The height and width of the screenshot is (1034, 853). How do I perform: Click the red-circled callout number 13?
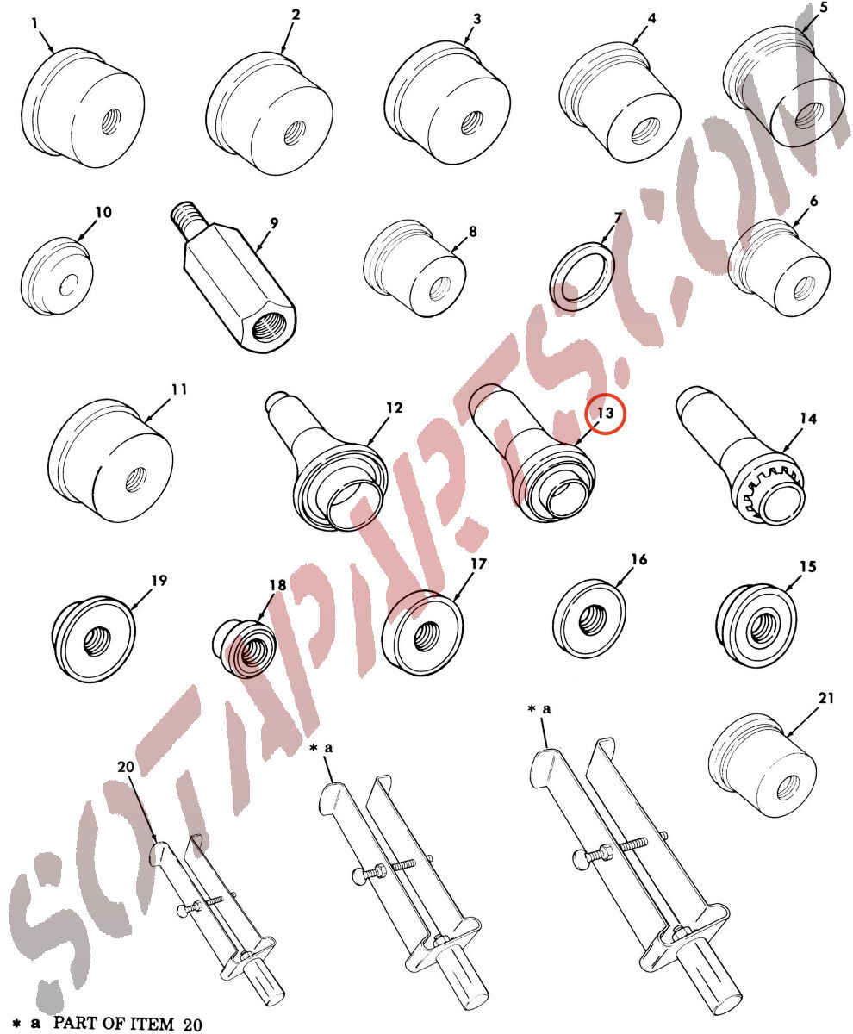(606, 413)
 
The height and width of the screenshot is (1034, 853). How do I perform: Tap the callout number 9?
(274, 223)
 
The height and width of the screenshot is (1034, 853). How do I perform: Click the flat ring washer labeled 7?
(582, 277)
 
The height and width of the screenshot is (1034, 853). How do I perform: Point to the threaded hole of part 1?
(111, 121)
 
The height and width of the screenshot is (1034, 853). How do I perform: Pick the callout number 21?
(825, 698)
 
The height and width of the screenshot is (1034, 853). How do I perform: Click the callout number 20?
(126, 767)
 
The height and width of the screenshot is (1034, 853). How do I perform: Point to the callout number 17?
(478, 564)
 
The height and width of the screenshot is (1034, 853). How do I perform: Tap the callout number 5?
(824, 9)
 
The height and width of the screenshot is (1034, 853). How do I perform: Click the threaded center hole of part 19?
(94, 642)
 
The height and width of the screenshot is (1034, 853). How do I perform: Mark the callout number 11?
(179, 389)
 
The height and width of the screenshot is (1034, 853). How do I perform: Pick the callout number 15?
(808, 566)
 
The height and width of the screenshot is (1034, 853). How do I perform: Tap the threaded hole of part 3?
(472, 123)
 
